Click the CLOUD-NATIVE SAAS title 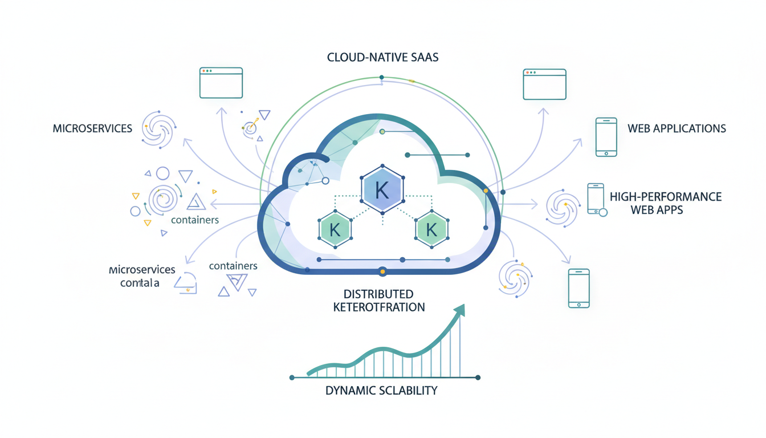pyautogui.click(x=382, y=58)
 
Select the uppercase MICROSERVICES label pyautogui.click(x=92, y=128)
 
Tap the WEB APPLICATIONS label pyautogui.click(x=677, y=128)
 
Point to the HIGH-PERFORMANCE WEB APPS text pyautogui.click(x=665, y=203)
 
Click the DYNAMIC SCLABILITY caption pyautogui.click(x=381, y=391)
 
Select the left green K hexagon pyautogui.click(x=335, y=229)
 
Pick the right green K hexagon pyautogui.click(x=431, y=229)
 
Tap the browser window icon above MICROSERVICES pyautogui.click(x=221, y=83)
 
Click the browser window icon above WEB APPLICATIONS pyautogui.click(x=544, y=84)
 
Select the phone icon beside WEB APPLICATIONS pyautogui.click(x=606, y=137)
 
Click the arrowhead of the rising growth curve pyautogui.click(x=459, y=310)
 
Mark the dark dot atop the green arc pyautogui.click(x=382, y=77)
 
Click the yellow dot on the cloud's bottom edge pyautogui.click(x=382, y=272)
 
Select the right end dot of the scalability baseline pyautogui.click(x=478, y=378)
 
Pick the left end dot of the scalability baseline pyautogui.click(x=292, y=378)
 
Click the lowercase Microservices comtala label pyautogui.click(x=141, y=276)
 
